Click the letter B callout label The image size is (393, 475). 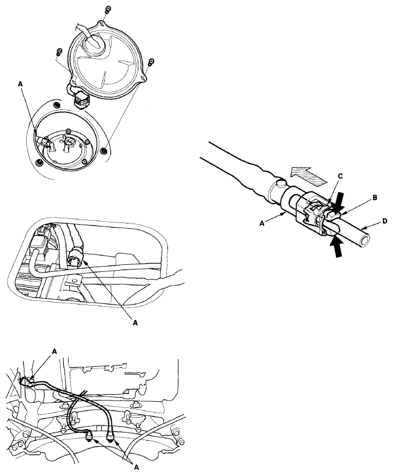pos(375,198)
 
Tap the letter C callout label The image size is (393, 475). pos(340,176)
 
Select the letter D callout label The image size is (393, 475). pos(384,221)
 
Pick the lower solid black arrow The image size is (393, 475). pos(337,247)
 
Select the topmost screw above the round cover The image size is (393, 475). pos(107,10)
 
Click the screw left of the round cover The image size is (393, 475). pos(59,52)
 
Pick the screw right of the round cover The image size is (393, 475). pos(151,62)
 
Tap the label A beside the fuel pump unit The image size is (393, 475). pos(20,84)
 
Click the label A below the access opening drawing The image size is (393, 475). pos(135,323)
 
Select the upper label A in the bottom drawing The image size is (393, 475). pos(55,351)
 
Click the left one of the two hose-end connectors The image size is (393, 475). pos(90,437)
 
